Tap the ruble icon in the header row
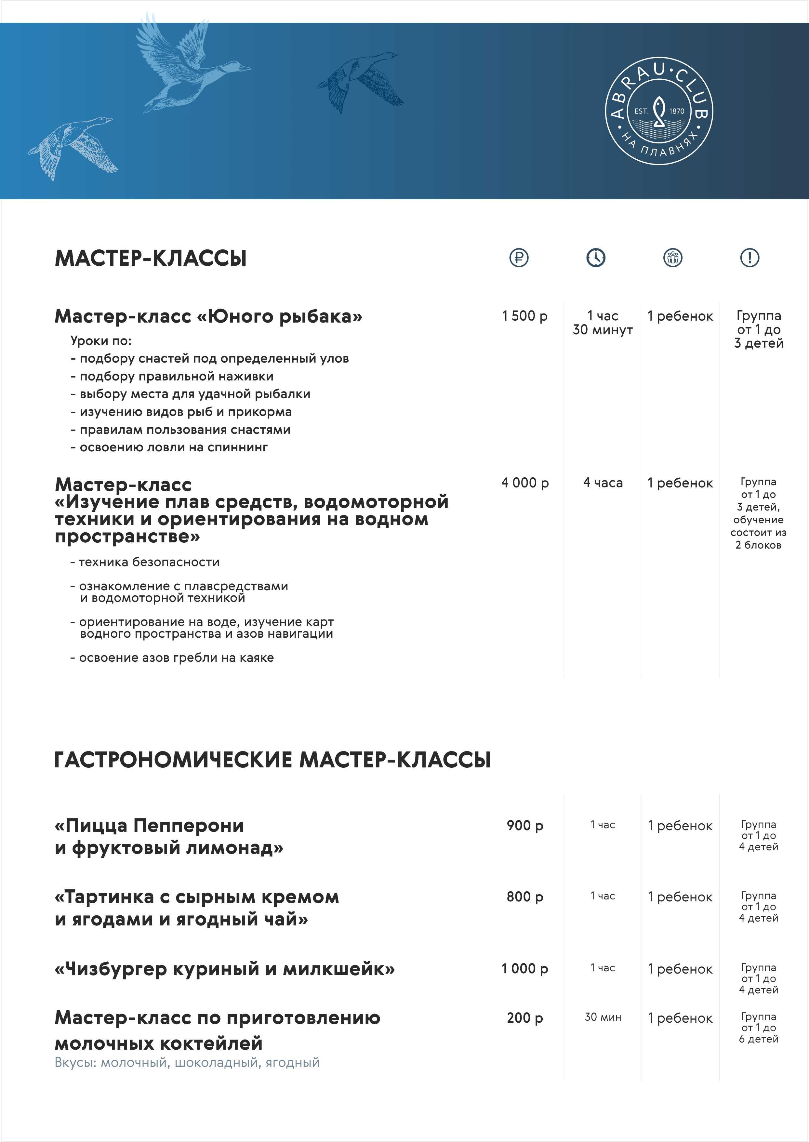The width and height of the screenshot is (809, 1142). tap(519, 258)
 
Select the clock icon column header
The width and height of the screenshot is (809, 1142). tap(596, 258)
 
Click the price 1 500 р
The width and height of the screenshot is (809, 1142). tap(524, 316)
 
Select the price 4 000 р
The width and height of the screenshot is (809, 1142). tap(524, 483)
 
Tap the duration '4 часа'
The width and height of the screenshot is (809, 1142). tap(603, 483)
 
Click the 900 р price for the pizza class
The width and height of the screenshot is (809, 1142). tap(524, 825)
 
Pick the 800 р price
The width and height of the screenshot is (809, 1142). tap(524, 896)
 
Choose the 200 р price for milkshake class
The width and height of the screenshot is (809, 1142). tap(524, 1017)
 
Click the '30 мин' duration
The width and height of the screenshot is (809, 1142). tap(603, 1017)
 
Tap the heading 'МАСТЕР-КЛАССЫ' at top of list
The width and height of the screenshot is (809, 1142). tap(151, 258)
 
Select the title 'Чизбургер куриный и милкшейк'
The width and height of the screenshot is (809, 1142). tap(225, 969)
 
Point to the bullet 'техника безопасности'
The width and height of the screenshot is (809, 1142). tap(149, 562)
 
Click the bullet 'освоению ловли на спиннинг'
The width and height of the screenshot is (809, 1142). tap(173, 447)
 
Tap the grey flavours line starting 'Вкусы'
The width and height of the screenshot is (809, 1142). tap(187, 1062)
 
